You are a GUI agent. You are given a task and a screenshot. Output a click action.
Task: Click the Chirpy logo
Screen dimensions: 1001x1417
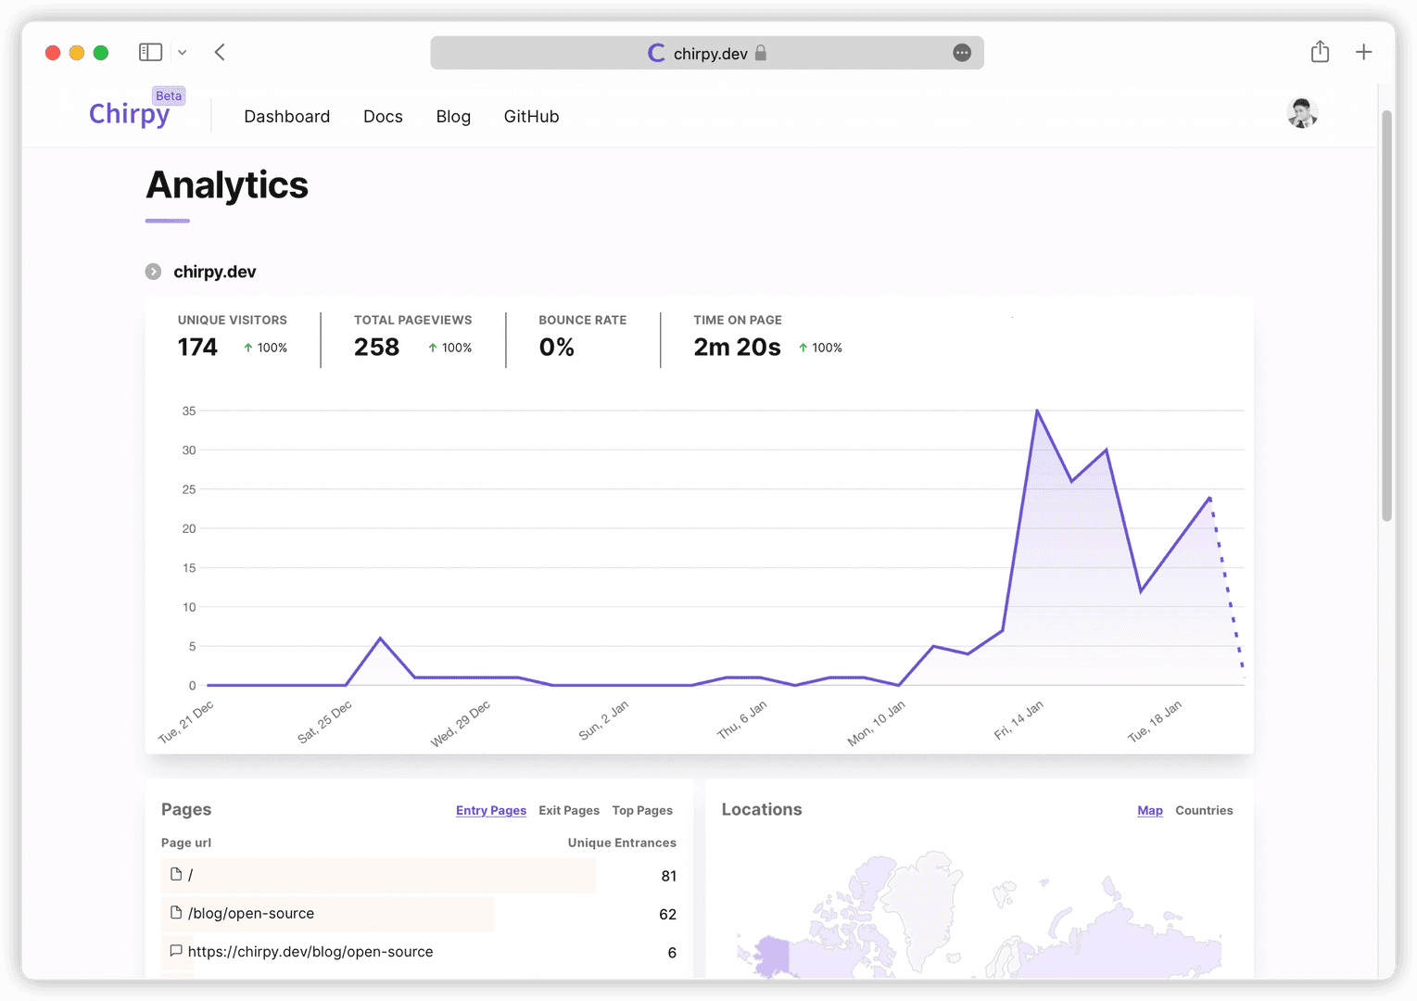129,114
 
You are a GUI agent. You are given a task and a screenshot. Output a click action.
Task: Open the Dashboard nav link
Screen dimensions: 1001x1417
286,117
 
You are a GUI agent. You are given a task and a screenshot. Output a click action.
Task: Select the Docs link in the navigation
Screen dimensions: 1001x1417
383,117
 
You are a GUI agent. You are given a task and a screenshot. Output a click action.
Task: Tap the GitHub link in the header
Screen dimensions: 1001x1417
531,117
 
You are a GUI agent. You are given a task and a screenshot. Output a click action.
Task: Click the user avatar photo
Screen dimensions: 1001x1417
1302,113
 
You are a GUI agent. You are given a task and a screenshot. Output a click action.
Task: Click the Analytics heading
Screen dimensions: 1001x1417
227,185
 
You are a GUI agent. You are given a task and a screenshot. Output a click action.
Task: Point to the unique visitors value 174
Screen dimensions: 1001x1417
197,348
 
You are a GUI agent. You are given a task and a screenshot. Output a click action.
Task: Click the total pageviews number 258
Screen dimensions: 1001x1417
376,348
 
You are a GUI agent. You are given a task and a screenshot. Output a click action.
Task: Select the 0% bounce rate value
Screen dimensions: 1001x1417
556,348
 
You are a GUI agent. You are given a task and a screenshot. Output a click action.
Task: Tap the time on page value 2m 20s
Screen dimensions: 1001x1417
737,348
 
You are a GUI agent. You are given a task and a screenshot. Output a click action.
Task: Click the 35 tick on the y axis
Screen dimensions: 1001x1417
189,411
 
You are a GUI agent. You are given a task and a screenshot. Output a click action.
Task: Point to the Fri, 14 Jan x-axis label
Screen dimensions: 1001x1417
1018,720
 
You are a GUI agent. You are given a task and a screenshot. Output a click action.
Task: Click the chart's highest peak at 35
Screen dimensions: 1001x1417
1037,411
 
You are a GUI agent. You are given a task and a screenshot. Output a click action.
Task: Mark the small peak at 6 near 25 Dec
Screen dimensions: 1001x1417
380,639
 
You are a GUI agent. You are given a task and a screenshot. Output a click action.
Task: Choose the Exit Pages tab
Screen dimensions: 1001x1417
569,810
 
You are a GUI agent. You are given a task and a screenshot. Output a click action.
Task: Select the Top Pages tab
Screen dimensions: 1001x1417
642,810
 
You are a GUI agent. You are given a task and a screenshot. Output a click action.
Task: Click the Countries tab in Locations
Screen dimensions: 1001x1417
1204,810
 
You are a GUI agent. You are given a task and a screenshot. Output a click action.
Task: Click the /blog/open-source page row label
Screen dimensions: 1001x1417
251,914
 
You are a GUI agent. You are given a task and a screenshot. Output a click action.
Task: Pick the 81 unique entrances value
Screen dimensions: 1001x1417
668,876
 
